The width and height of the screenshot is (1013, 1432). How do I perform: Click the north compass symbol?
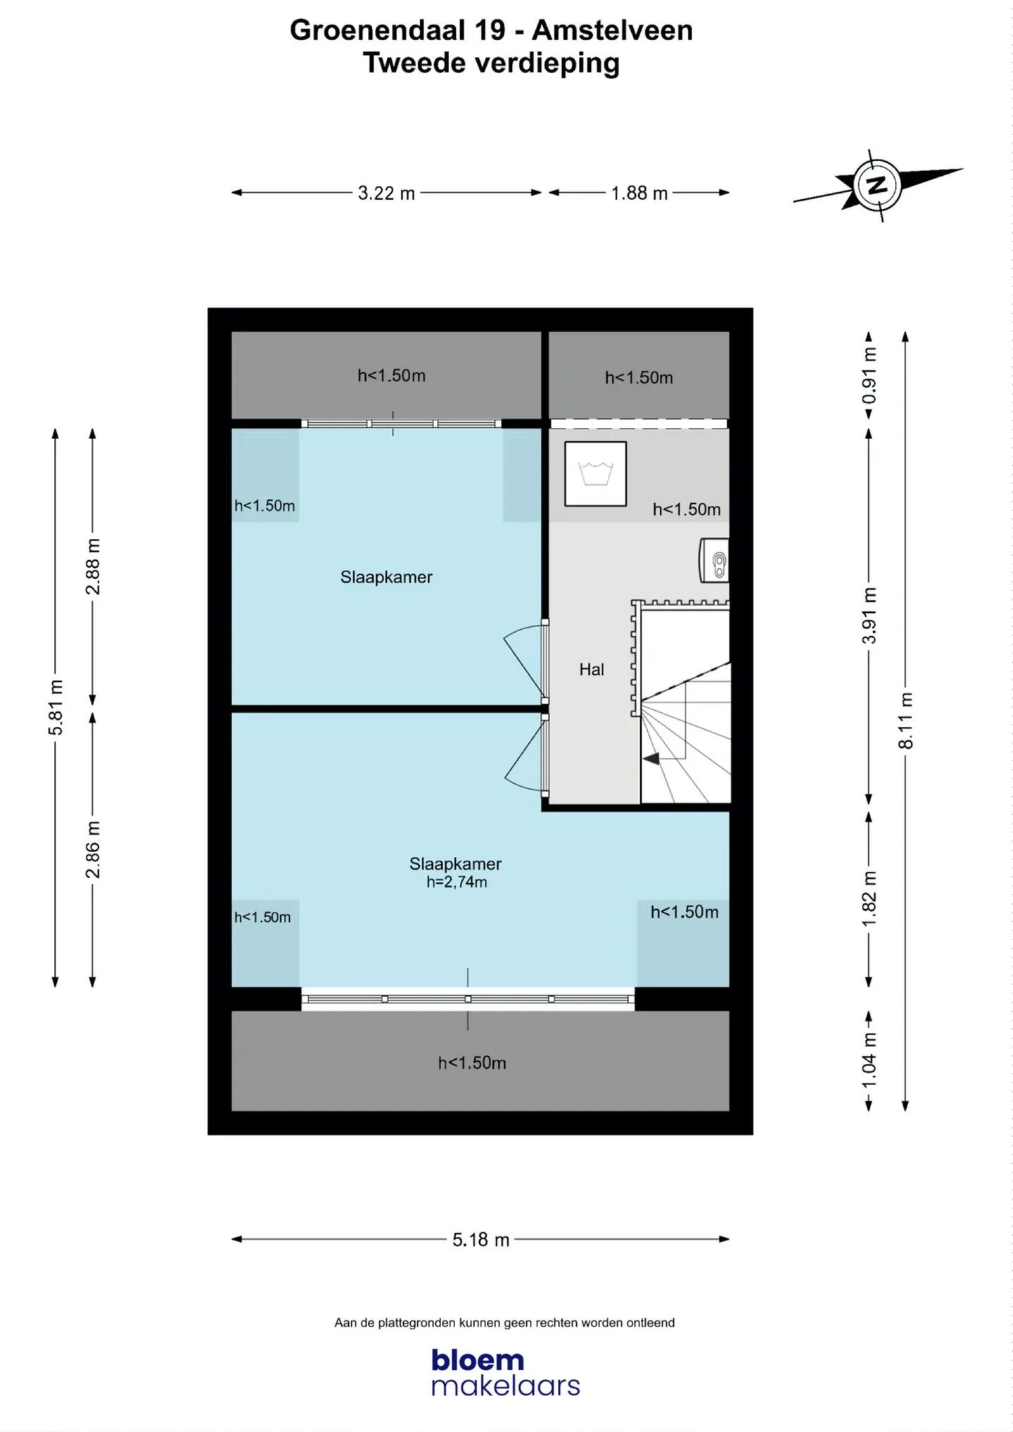click(x=877, y=186)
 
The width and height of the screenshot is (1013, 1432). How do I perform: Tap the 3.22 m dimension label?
click(x=386, y=193)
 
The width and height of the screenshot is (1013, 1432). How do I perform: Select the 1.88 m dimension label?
click(x=639, y=193)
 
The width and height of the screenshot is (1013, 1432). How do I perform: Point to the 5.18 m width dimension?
click(x=480, y=1239)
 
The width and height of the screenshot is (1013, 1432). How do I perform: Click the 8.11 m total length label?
click(x=906, y=721)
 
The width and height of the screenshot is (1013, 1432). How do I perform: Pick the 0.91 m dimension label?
click(x=869, y=376)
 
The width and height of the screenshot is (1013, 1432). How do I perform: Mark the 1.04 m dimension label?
click(x=869, y=1060)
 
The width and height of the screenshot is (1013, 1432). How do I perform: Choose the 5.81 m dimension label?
click(x=56, y=707)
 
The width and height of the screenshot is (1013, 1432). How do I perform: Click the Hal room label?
click(x=592, y=669)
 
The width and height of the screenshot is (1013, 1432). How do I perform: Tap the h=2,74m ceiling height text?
click(x=457, y=882)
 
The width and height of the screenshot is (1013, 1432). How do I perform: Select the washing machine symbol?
click(x=595, y=474)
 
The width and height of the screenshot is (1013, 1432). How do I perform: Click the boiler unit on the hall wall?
click(x=714, y=561)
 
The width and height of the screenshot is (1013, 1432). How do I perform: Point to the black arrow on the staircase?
click(x=651, y=759)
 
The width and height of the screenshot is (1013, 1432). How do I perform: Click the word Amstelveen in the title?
click(x=612, y=30)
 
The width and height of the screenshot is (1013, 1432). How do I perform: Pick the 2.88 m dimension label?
click(x=93, y=566)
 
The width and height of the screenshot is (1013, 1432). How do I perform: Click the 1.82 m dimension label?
click(x=869, y=899)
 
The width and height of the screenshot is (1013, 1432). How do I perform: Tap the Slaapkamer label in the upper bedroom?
click(x=386, y=577)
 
